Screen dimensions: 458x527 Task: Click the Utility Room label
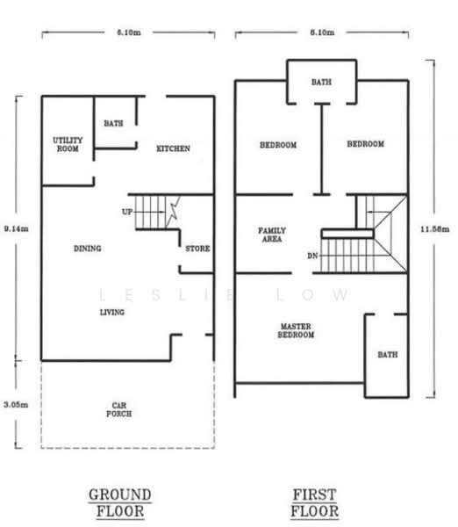[68, 145]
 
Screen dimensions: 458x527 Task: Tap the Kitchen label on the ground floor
[173, 148]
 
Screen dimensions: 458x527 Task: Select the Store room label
[197, 249]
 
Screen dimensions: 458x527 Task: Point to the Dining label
[88, 249]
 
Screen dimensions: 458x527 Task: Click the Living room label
[112, 312]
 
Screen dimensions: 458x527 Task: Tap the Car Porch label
[118, 409]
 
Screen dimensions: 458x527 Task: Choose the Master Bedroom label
[296, 330]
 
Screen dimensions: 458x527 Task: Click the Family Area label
[272, 235]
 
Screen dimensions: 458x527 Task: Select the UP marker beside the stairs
[127, 212]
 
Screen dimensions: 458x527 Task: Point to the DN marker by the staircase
[312, 256]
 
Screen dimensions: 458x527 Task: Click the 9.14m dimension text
[16, 229]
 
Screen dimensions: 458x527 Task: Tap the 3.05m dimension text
[16, 405]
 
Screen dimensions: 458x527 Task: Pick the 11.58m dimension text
[435, 229]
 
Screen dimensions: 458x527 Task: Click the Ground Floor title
[120, 503]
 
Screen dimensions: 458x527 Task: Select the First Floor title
[315, 503]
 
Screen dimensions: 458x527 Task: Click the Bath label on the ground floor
[113, 123]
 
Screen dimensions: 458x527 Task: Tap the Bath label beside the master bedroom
[388, 355]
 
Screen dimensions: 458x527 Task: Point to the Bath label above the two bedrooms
[321, 82]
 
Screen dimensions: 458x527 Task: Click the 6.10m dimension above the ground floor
[129, 32]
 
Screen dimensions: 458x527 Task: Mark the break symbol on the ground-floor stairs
[174, 212]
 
